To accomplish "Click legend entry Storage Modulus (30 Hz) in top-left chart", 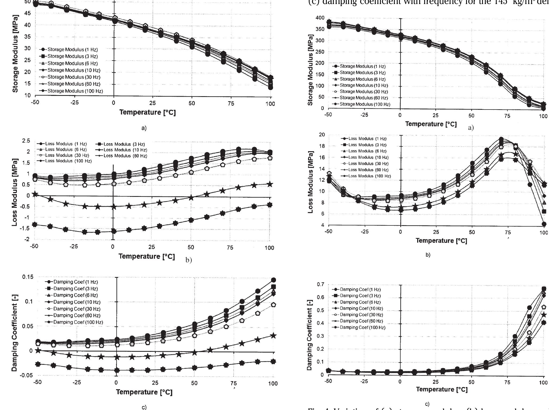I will (74, 77).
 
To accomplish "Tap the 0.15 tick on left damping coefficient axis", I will (28, 277).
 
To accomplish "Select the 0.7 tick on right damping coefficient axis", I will (320, 284).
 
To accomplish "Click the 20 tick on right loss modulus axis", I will (322, 135).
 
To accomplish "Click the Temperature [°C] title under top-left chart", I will (148, 112).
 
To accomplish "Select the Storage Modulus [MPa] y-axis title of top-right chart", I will (310, 70).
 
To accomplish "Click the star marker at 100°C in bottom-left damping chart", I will (273, 335).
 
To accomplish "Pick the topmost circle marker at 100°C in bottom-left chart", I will (273, 280).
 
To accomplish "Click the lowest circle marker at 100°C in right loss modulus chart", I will (544, 224).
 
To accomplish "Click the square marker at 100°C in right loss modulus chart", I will (544, 211).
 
